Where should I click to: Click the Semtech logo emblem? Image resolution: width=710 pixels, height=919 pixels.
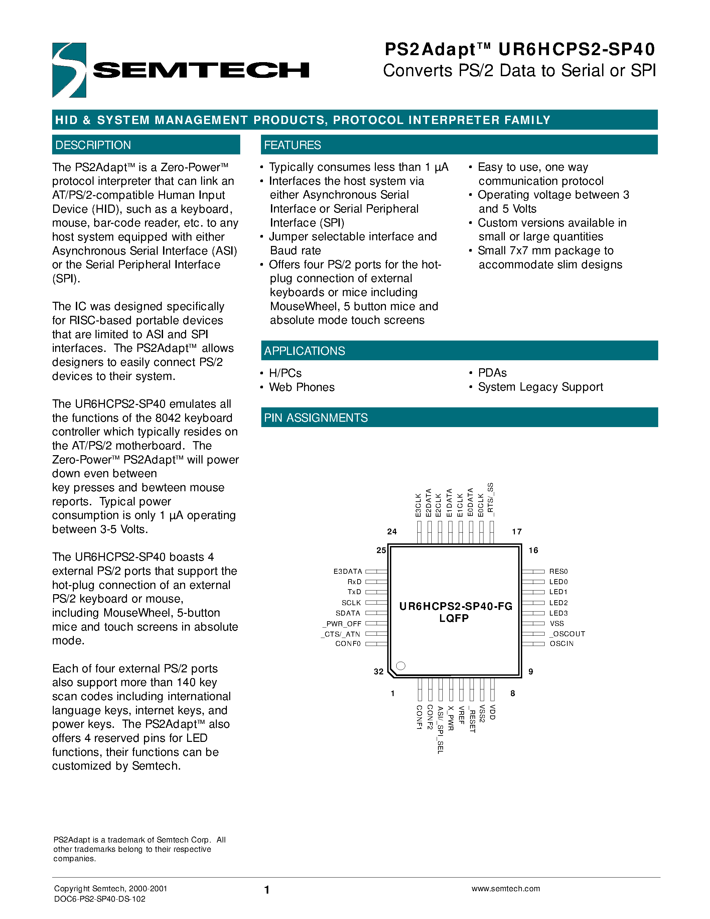(x=69, y=70)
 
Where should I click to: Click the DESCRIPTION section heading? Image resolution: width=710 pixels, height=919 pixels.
(x=93, y=145)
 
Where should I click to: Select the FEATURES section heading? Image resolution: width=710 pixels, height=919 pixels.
(x=292, y=145)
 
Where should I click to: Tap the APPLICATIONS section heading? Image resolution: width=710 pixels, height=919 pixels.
(x=304, y=351)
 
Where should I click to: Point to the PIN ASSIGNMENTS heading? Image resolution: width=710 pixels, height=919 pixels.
(x=315, y=418)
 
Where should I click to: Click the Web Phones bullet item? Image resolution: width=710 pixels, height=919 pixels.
(x=302, y=387)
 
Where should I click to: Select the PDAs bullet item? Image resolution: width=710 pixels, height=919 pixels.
(x=492, y=373)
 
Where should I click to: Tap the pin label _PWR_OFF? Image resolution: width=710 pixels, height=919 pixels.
(x=341, y=624)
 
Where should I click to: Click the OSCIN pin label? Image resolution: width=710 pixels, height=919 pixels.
(x=562, y=644)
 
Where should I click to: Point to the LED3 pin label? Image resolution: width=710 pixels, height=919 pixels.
(x=558, y=613)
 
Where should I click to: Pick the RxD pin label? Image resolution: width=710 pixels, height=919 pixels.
(x=354, y=581)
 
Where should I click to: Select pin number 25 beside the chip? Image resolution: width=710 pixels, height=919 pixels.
(x=381, y=550)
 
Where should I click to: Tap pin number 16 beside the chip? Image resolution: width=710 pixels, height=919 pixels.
(x=533, y=550)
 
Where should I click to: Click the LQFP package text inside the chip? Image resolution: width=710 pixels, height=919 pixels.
(x=454, y=618)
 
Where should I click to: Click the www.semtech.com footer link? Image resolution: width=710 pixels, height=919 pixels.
(x=506, y=888)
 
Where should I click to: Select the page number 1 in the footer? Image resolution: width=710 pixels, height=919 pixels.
(x=267, y=890)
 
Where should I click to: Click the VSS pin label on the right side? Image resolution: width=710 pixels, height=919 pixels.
(x=557, y=624)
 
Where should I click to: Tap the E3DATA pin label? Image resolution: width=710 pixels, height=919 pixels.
(x=347, y=571)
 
